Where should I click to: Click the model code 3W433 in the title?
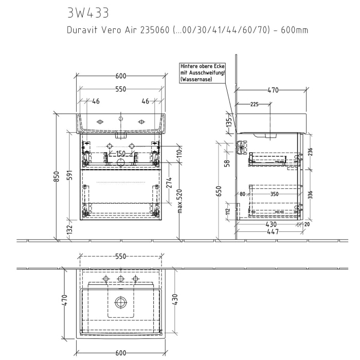(88, 12)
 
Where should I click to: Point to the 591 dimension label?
(71, 176)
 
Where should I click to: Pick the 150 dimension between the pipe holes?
(120, 154)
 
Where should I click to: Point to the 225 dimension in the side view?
(254, 104)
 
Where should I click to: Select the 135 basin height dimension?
(229, 122)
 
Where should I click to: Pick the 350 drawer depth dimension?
(274, 194)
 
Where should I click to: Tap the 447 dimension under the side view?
(273, 232)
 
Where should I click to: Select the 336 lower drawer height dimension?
(310, 194)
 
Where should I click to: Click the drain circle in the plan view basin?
(120, 302)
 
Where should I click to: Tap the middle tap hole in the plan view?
(120, 279)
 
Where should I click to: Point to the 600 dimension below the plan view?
(120, 352)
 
